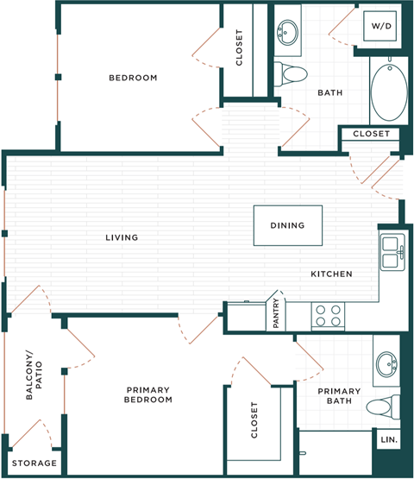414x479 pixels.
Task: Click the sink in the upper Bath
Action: (286, 35)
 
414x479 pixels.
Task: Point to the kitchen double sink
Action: (392, 251)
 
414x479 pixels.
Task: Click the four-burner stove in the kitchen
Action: (328, 316)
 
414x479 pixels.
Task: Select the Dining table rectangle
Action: (287, 225)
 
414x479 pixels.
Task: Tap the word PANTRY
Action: (276, 314)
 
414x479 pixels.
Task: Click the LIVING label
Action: (122, 237)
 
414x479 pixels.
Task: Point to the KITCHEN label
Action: (331, 274)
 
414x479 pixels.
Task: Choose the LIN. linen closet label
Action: (388, 439)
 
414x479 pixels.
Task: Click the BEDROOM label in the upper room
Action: (133, 78)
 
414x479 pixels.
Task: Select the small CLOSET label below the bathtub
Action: (372, 135)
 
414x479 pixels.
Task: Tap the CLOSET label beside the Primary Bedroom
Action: (254, 420)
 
